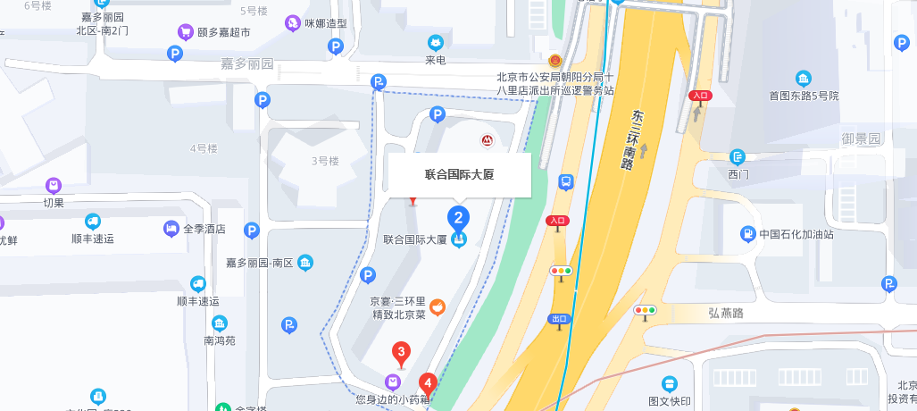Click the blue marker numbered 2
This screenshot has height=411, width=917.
click(458, 217)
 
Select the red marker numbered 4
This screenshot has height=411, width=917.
click(428, 385)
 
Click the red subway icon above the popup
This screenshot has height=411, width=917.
click(487, 140)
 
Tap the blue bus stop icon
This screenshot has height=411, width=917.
click(566, 181)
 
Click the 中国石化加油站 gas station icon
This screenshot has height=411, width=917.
click(746, 234)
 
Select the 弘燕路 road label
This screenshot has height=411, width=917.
click(726, 312)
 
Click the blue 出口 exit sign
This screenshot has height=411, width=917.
click(559, 319)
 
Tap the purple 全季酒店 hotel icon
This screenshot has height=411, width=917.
click(171, 229)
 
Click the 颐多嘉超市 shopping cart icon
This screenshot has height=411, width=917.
click(186, 32)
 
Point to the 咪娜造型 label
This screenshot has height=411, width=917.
click(325, 23)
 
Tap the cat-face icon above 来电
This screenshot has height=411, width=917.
click(435, 42)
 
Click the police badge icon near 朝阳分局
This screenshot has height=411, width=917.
click(555, 61)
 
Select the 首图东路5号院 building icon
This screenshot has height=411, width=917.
click(804, 79)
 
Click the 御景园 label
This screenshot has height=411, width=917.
click(861, 138)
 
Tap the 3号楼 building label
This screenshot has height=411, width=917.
click(325, 161)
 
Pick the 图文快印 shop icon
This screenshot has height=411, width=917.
click(670, 383)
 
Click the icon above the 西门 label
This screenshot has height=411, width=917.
click(738, 156)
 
